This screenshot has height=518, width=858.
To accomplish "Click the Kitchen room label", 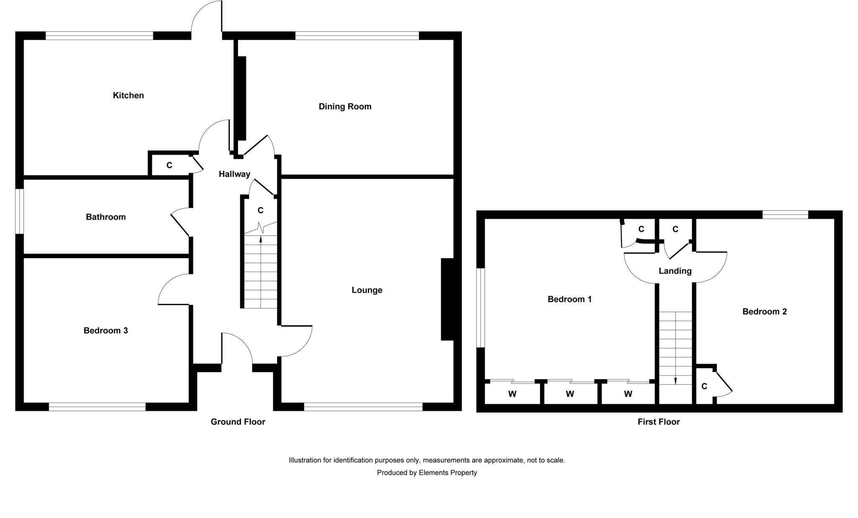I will (x=128, y=96).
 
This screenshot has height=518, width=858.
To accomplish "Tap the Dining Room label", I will (x=345, y=106).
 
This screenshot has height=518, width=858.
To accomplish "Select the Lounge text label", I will (x=367, y=290).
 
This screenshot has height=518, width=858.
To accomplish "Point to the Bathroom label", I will (x=106, y=217).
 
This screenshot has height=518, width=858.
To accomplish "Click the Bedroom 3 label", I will (x=106, y=331).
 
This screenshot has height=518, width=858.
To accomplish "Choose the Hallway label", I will (x=234, y=174).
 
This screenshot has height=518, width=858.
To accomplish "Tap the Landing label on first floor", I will (x=675, y=271).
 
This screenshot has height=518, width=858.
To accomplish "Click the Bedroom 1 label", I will (x=569, y=299).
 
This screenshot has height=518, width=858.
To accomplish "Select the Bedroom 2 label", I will (x=764, y=312).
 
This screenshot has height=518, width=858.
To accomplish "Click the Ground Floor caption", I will (x=238, y=422).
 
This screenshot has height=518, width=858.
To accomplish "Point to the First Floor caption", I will (x=658, y=422).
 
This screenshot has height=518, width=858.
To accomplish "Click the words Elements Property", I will (x=447, y=473).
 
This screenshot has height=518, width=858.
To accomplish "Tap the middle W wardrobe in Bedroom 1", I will (x=570, y=394).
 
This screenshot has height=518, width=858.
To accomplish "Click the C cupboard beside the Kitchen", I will (x=169, y=166).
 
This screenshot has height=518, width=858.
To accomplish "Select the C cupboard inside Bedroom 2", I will (x=704, y=386).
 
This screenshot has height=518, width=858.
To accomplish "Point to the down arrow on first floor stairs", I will (x=675, y=381).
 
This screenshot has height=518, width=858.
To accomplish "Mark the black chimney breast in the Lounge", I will (x=447, y=299).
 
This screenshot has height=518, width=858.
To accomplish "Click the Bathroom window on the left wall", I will (x=19, y=211).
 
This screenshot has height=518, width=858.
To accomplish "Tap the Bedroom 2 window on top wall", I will (x=785, y=215).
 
